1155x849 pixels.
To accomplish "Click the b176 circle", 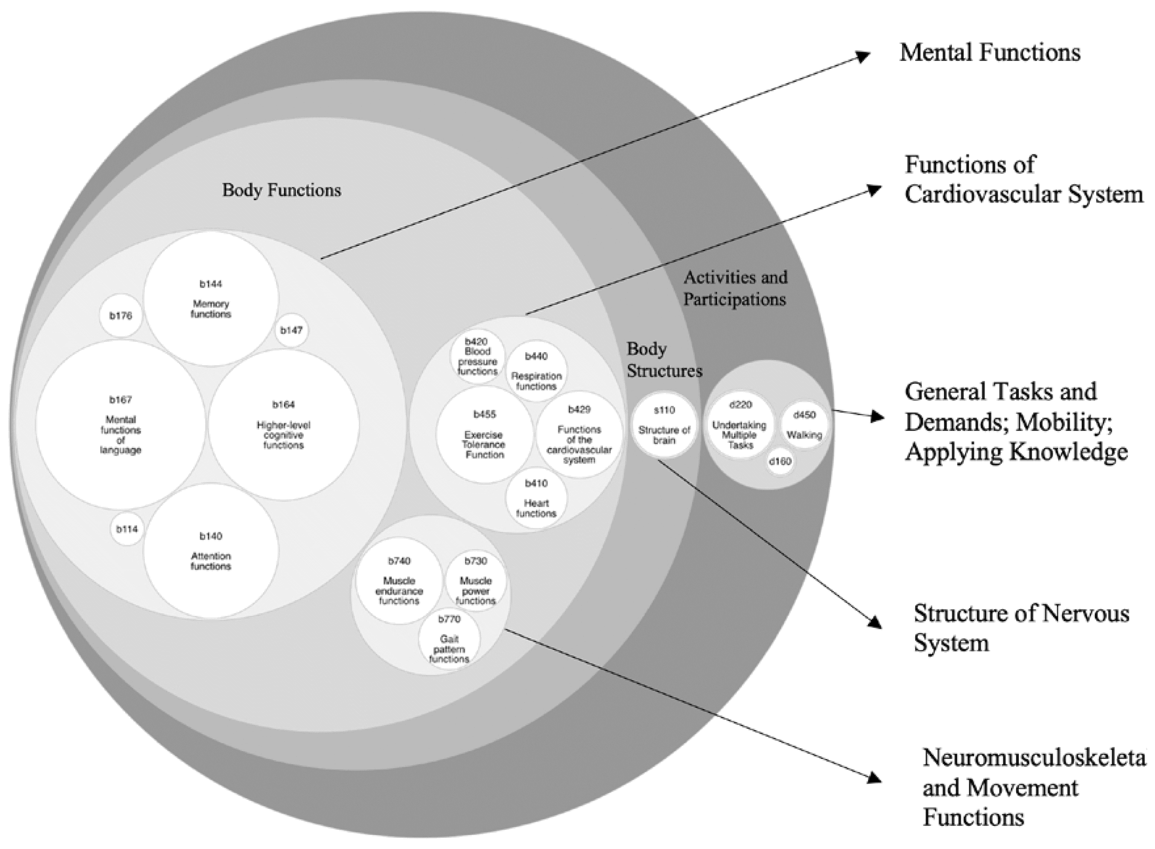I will pos(121,315).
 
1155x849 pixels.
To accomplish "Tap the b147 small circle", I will pos(291,330).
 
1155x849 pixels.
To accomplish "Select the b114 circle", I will pos(127,529).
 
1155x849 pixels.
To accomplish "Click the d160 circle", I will pos(780,461).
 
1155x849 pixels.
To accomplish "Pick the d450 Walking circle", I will pos(804,425).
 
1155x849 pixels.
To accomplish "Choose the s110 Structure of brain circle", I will pos(665,426).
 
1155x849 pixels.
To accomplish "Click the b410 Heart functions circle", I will pos(536,498).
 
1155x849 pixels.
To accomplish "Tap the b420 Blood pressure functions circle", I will pos(477,356).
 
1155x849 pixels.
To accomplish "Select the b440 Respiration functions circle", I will pos(537,371).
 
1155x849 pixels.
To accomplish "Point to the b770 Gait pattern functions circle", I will pos(450,640).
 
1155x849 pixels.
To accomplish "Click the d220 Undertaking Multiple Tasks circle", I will pos(740,425).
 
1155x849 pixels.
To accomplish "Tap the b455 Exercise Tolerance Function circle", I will pos(484,435).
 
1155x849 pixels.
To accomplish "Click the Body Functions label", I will pos(282,190).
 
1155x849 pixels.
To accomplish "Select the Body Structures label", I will pos(664,360).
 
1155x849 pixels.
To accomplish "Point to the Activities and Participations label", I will pos(735,288).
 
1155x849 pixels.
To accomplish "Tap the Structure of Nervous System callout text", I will pos(1021,628).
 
